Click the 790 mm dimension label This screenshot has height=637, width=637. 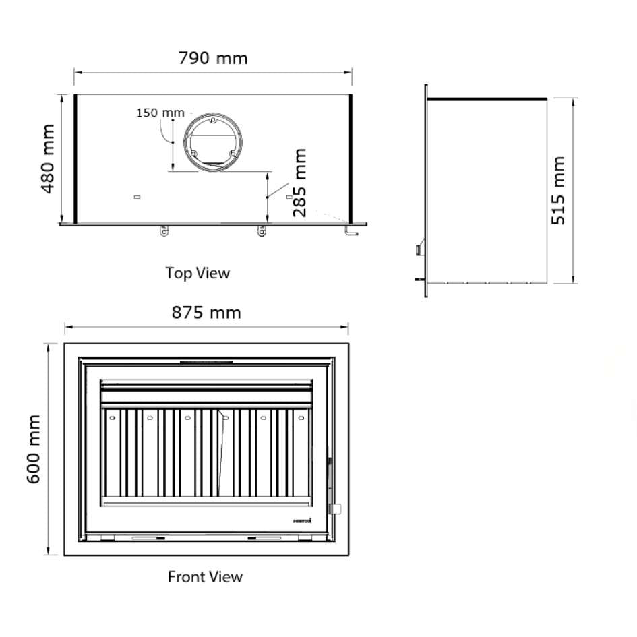(x=213, y=58)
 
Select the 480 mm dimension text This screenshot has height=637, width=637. (x=48, y=158)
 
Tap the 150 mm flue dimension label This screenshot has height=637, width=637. (x=160, y=113)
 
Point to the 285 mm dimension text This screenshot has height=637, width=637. (x=299, y=182)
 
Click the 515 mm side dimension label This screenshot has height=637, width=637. (x=559, y=191)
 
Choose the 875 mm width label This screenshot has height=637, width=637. (x=206, y=313)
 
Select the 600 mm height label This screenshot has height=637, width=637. (x=34, y=449)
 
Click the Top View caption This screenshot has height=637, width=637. (x=198, y=273)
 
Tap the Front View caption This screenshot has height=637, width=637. (x=205, y=577)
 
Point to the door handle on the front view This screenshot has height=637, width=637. (x=334, y=508)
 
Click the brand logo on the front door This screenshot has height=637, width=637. (x=302, y=520)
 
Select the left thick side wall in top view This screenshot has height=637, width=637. (x=75, y=158)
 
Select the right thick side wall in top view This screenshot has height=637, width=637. (x=351, y=158)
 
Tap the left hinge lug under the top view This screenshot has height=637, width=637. (x=164, y=231)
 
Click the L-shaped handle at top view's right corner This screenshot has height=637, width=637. (x=351, y=231)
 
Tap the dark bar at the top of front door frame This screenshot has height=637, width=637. (x=206, y=363)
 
